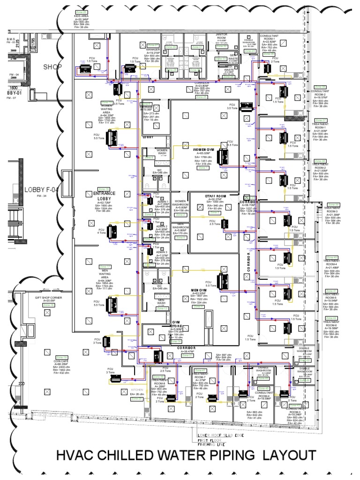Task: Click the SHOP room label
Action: [53, 67]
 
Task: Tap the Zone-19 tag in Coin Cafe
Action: [63, 357]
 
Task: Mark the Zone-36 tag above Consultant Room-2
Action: [321, 87]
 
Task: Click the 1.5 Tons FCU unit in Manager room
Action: [129, 69]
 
